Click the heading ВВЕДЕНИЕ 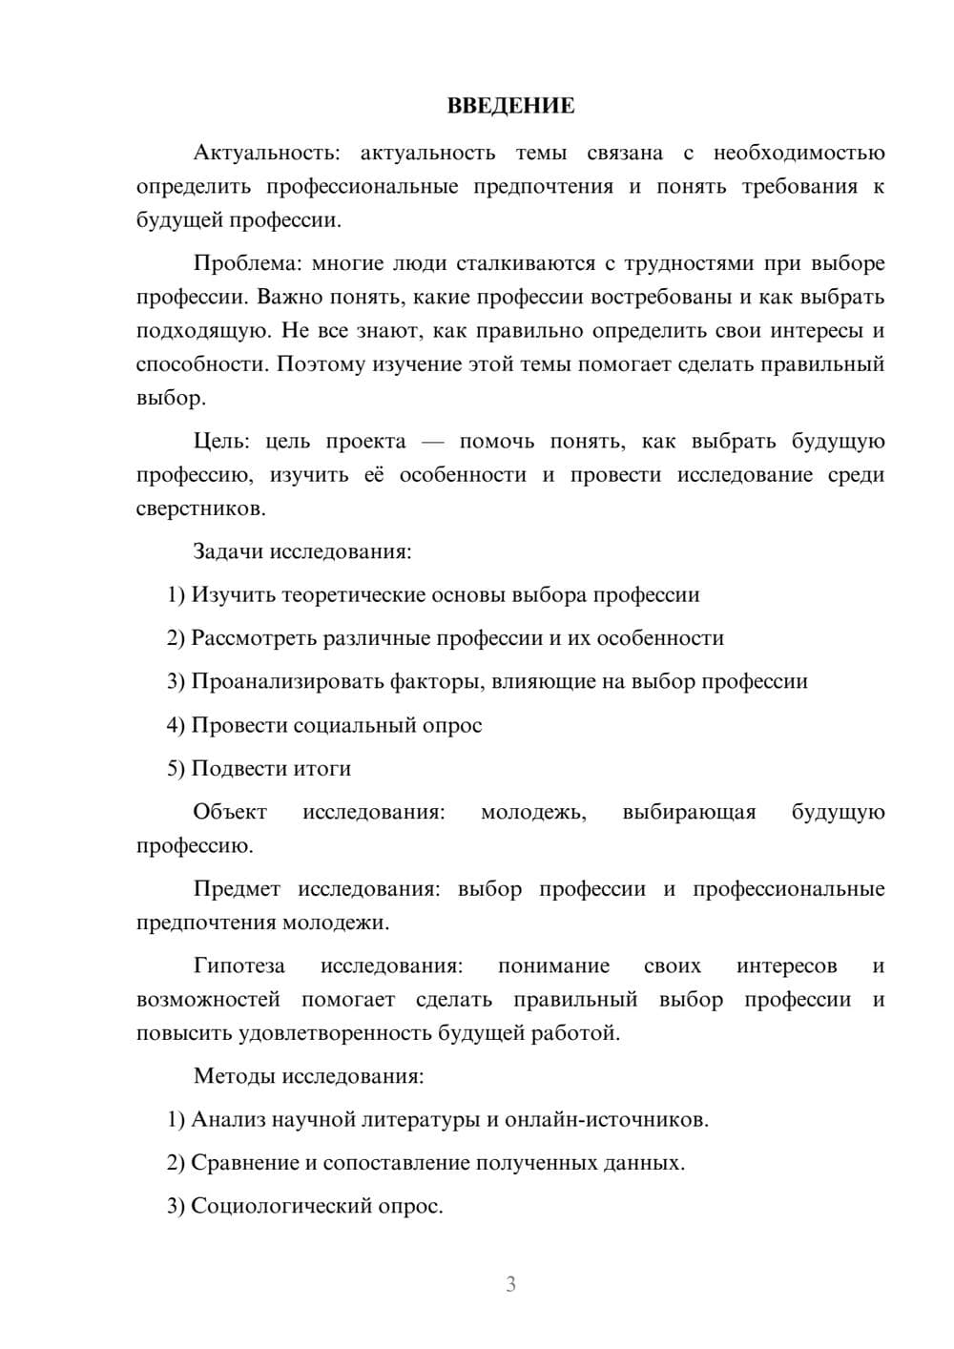[510, 106]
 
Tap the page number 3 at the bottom [510, 1284]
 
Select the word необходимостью [798, 154]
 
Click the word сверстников [199, 508]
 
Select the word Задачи [228, 551]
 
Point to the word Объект [230, 812]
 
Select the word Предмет [237, 889]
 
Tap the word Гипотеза [238, 966]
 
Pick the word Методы [234, 1076]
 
